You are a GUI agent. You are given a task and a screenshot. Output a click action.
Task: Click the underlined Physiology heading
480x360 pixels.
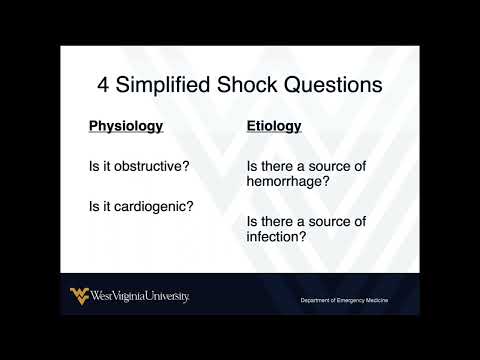pos(126,127)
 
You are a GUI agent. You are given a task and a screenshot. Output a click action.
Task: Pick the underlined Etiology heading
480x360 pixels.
pos(274,127)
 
